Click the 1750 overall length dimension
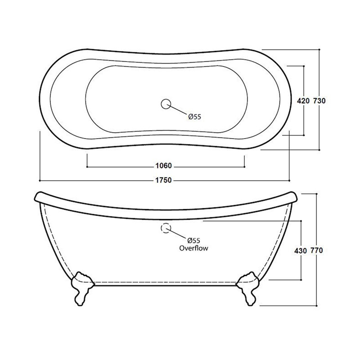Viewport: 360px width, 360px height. pyautogui.click(x=165, y=180)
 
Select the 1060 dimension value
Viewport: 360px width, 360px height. pyautogui.click(x=165, y=165)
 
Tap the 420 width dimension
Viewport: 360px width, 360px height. pyautogui.click(x=303, y=101)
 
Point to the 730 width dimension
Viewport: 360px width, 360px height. pyautogui.click(x=319, y=101)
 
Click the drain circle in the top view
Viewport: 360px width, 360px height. pyautogui.click(x=165, y=104)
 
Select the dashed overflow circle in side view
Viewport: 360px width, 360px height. pyautogui.click(x=165, y=228)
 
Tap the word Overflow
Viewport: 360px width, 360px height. pyautogui.click(x=194, y=247)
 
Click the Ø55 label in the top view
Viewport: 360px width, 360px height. pyautogui.click(x=194, y=117)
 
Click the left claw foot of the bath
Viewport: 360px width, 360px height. pyautogui.click(x=82, y=288)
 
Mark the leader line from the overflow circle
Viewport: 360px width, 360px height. pyautogui.click(x=178, y=234)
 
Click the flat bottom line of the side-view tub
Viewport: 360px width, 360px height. pyautogui.click(x=165, y=284)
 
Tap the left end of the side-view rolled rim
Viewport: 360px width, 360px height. pyautogui.click(x=37, y=197)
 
